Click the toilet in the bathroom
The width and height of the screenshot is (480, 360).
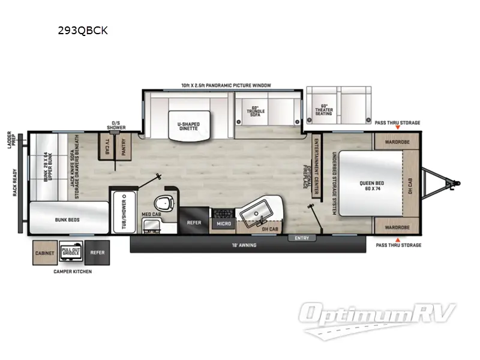(x=164, y=202)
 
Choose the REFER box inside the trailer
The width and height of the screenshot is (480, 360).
(x=194, y=221)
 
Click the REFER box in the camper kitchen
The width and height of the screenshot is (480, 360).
(x=97, y=253)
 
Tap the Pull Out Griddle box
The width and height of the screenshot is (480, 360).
(x=70, y=253)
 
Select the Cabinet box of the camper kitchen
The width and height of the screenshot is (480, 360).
(x=44, y=253)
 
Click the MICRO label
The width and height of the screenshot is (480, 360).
(x=224, y=224)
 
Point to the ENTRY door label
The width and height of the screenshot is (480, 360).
(x=301, y=238)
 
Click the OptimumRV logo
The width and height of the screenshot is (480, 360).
(x=379, y=316)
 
